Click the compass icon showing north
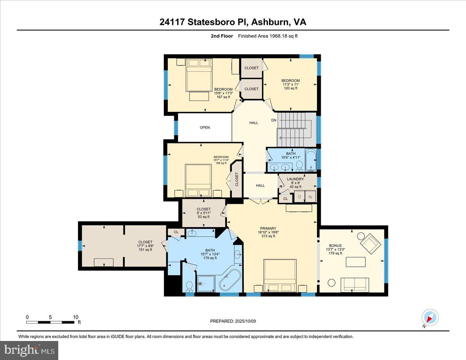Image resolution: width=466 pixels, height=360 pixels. coord(430,317)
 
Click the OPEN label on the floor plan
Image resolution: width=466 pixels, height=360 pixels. coord(205,127)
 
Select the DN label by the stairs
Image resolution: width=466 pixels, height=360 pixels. coord(274,120)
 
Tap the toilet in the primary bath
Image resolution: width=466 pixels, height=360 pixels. coord(189,285)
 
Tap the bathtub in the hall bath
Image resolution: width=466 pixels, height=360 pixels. coord(311,160)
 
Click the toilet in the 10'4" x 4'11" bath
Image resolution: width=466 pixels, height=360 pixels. coord(299,166)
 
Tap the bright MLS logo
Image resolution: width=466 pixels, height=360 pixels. coord(30,350)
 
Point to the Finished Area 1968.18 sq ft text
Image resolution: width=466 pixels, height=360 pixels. coord(268,36)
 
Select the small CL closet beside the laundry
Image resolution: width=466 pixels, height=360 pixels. coord(285,198)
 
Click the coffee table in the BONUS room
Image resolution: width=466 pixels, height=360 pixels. coord(356,262)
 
